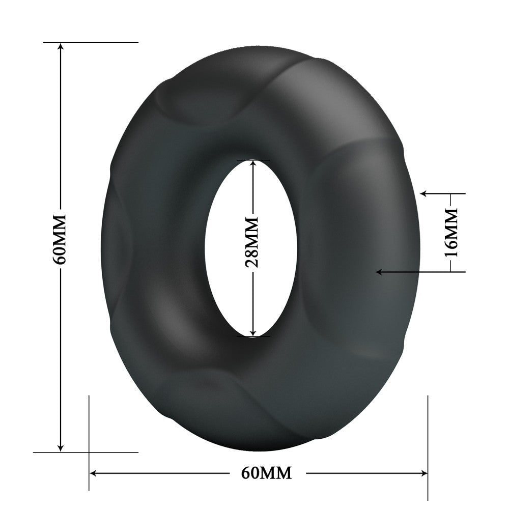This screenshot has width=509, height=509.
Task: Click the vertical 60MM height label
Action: (x=60, y=238)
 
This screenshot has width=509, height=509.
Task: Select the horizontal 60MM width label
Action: (x=267, y=473)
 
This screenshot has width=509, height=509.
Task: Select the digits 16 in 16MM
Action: (x=450, y=247)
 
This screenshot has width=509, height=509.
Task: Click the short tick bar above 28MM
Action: (x=253, y=160)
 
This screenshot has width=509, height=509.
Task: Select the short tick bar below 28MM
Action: (x=253, y=336)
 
